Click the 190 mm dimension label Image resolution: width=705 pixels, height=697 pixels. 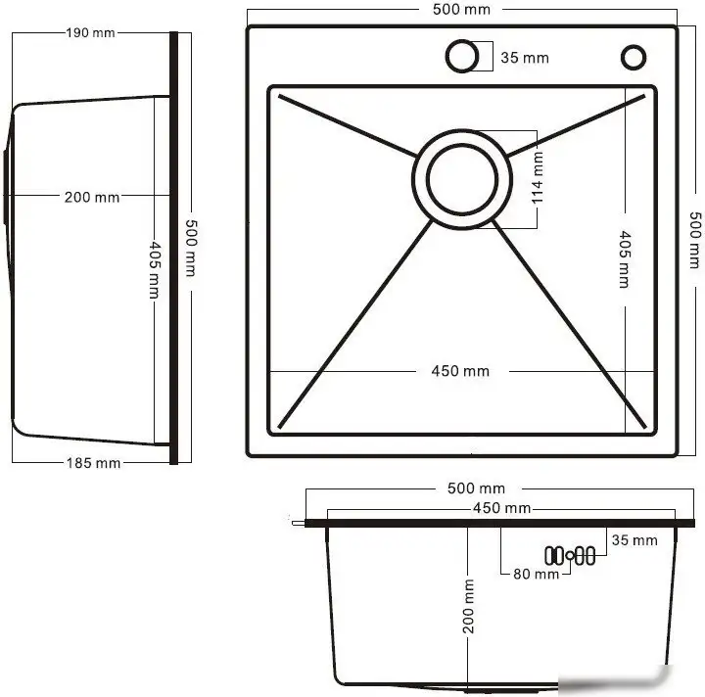point(90,32)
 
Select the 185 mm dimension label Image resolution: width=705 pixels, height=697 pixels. point(95,463)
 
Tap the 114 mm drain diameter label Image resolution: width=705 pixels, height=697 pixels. point(538,177)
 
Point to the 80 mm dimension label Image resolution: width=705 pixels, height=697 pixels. point(536,574)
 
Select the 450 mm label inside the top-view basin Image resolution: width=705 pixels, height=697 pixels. point(460,371)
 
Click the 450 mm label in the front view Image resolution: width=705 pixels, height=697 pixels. point(502,508)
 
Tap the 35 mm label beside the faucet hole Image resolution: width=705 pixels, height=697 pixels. point(525,58)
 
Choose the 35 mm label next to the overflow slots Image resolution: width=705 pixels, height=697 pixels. point(634,540)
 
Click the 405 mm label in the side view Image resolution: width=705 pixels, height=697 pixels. point(154,258)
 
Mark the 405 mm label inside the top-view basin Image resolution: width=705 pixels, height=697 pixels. point(625,258)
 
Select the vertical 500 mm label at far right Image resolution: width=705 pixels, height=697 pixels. point(694,240)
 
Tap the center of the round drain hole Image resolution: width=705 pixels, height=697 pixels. point(460,179)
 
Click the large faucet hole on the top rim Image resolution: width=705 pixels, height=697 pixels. point(460,57)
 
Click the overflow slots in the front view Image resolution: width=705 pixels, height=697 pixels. point(570,555)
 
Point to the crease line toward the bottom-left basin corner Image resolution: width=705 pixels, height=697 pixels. point(352,323)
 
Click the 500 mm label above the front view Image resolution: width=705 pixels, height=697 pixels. point(476,488)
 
